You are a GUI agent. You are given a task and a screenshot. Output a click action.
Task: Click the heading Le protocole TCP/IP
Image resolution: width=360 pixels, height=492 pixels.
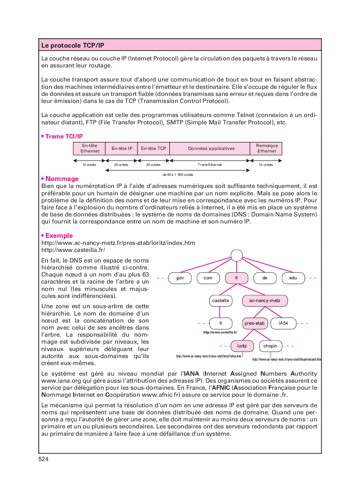pyautogui.click(x=73, y=45)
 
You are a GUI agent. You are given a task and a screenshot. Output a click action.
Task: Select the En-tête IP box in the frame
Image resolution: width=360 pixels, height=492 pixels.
pyautogui.click(x=122, y=149)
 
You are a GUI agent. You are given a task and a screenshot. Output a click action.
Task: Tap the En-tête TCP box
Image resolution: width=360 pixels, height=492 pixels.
pyautogui.click(x=154, y=149)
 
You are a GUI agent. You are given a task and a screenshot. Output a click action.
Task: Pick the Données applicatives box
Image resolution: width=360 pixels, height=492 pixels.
pyautogui.click(x=211, y=149)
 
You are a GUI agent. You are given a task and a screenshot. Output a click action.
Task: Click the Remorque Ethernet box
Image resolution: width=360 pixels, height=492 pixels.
pyautogui.click(x=267, y=149)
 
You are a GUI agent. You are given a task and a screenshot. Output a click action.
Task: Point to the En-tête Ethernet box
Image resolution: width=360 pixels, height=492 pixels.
pyautogui.click(x=90, y=149)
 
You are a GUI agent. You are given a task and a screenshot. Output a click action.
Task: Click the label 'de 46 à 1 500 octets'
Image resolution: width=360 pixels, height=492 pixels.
pyautogui.click(x=178, y=175)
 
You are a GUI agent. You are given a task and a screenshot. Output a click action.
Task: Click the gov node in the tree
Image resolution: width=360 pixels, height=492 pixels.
pyautogui.click(x=180, y=278)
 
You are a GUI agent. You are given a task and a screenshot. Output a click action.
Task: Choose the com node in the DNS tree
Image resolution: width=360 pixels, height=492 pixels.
pyautogui.click(x=208, y=278)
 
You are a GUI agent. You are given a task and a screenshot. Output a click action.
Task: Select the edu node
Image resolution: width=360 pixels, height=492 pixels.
pyautogui.click(x=293, y=278)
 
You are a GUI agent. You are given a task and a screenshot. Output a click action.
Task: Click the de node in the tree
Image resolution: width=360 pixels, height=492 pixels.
pyautogui.click(x=265, y=278)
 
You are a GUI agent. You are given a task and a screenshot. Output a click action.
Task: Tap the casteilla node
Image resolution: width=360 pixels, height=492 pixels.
pyautogui.click(x=220, y=301)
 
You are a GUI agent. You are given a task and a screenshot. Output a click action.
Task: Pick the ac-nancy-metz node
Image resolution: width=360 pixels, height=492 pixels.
pyautogui.click(x=265, y=301)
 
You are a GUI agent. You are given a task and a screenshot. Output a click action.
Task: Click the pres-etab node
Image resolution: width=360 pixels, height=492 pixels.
pyautogui.click(x=255, y=324)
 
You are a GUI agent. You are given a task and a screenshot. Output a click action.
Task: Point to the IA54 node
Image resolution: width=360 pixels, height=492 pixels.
pyautogui.click(x=283, y=324)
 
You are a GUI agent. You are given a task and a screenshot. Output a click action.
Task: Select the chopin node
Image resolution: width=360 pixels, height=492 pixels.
pyautogui.click(x=270, y=346)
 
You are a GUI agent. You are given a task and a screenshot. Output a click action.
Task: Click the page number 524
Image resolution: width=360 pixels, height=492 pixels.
pyautogui.click(x=44, y=459)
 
